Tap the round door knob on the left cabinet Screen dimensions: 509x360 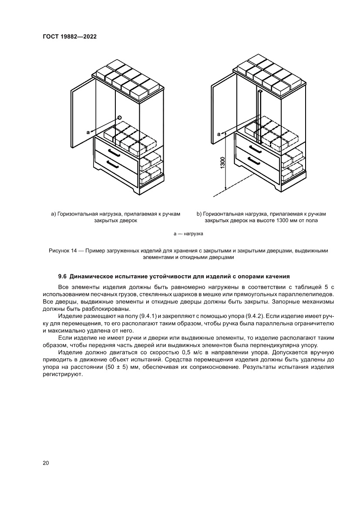[119, 117]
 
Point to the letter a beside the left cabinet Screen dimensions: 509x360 [88, 131]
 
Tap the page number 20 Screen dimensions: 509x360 [46, 462]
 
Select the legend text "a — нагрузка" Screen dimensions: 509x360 [188, 234]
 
